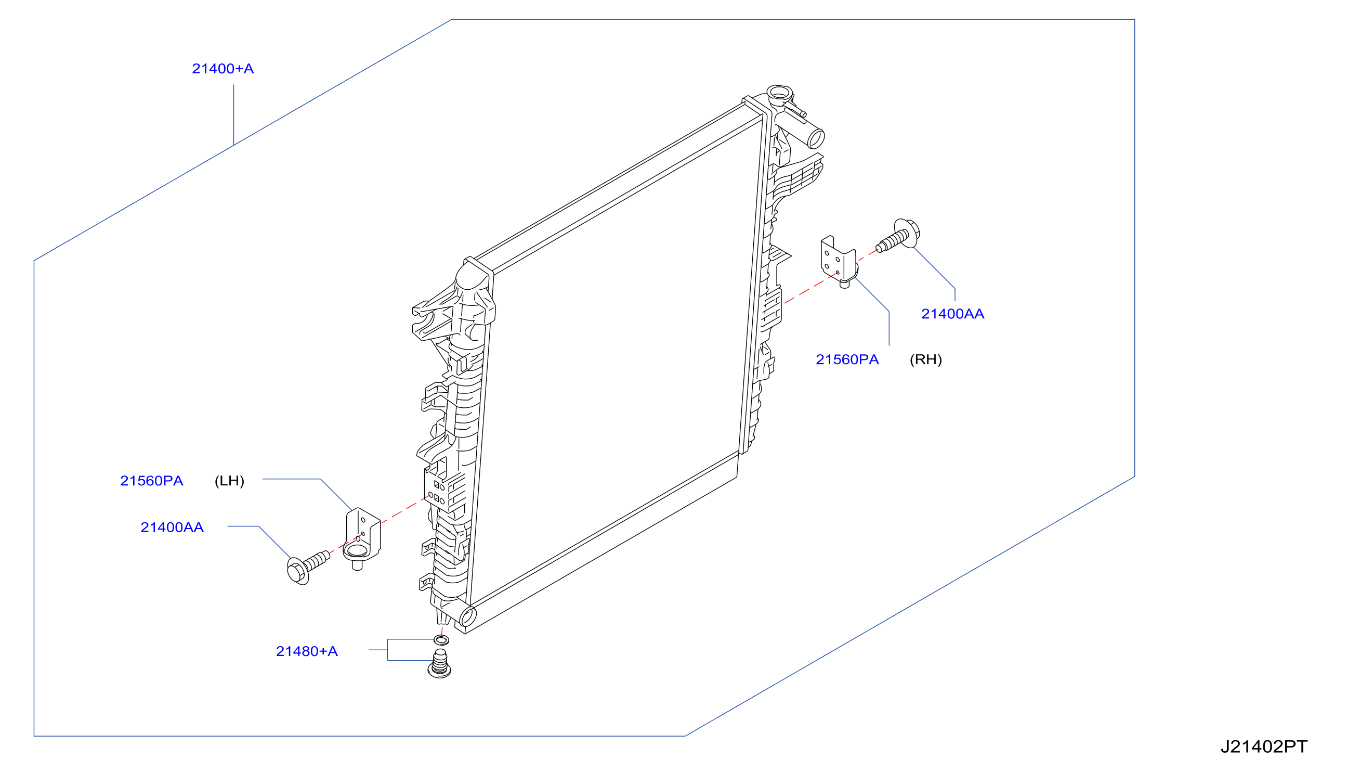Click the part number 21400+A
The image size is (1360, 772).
(223, 69)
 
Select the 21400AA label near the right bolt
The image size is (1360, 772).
(952, 314)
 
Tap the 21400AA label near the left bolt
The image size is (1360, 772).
(172, 527)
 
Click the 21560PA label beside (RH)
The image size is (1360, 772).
(847, 359)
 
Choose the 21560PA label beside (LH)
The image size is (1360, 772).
(151, 481)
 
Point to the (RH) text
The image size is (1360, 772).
(925, 359)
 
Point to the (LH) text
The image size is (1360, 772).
(229, 481)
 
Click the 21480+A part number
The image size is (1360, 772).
(307, 651)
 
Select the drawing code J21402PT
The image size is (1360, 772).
(1264, 747)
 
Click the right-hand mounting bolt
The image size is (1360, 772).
(898, 236)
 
